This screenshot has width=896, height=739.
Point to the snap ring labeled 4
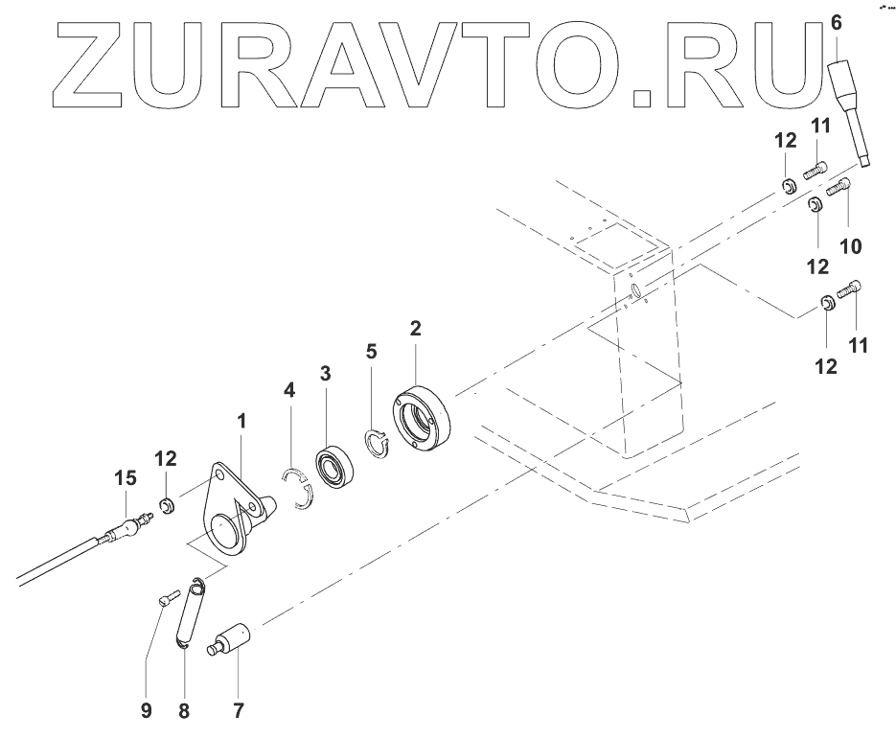pyautogui.click(x=299, y=488)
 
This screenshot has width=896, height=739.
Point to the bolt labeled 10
pyautogui.click(x=839, y=187)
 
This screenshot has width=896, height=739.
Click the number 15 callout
pyautogui.click(x=126, y=476)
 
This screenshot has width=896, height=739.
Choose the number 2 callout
pyautogui.click(x=415, y=329)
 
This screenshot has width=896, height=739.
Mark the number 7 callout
pyautogui.click(x=239, y=710)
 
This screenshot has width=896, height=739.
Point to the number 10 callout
pyautogui.click(x=850, y=246)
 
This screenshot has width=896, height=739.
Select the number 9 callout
pyautogui.click(x=146, y=710)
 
